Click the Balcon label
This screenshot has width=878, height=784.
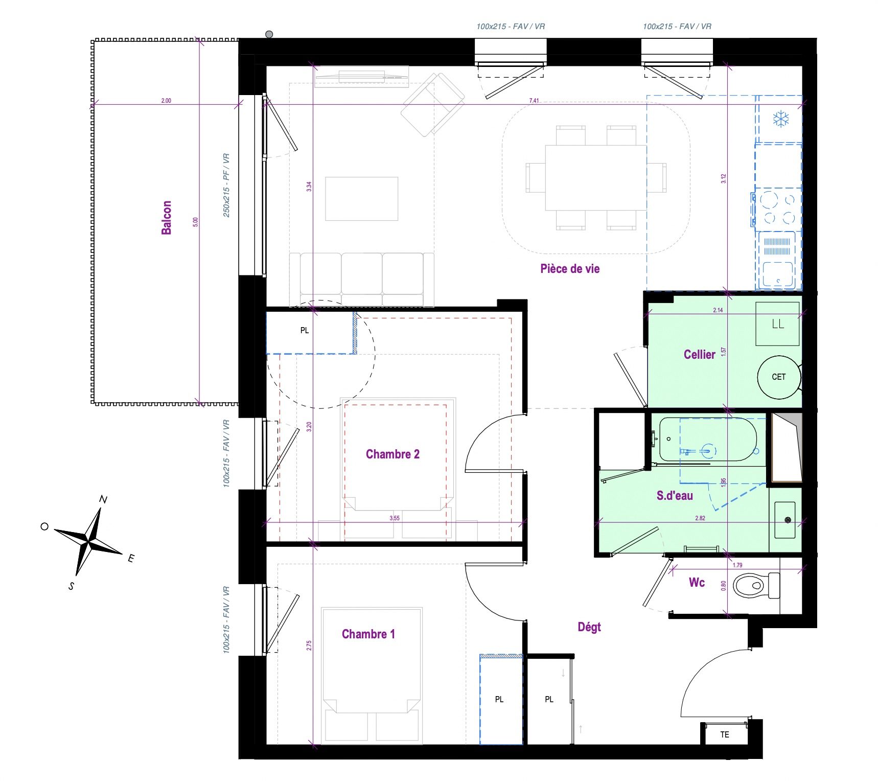point(167,218)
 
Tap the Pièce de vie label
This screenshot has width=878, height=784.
point(570,269)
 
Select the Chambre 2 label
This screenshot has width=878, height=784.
point(392,454)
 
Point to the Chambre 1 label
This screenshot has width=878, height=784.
point(368,634)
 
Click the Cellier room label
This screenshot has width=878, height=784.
point(699,355)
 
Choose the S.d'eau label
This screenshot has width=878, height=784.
point(675,495)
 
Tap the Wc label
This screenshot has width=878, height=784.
point(697,583)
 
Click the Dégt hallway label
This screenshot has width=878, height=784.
point(589,628)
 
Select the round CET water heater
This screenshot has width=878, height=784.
point(779,377)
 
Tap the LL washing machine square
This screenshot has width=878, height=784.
point(777,324)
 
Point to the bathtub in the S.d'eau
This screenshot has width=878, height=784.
point(708,440)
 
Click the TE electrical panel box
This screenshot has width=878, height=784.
point(725,734)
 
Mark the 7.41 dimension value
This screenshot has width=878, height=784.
point(534,101)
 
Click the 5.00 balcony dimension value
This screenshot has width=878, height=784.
point(195,222)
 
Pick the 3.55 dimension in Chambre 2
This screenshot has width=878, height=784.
point(395,518)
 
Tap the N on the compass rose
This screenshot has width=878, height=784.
point(103,499)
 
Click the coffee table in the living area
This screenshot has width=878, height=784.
point(362,199)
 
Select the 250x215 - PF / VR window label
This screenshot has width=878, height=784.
point(226,185)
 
